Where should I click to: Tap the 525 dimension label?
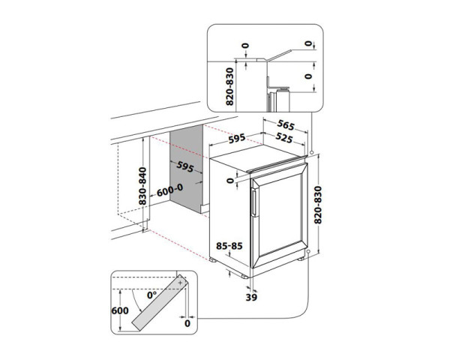click(283, 139)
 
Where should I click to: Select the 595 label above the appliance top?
click(238, 139)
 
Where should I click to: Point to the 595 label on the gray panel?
click(184, 166)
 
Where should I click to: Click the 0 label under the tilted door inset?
click(186, 323)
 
